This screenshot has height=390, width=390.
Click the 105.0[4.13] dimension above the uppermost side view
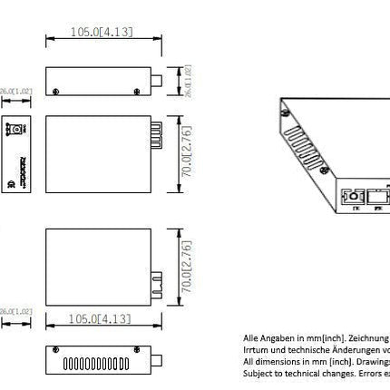(x=102, y=32)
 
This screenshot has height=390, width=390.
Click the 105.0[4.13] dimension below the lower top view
(x=102, y=318)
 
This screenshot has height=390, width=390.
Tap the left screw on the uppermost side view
(x=59, y=91)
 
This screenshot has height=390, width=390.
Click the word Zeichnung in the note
(x=359, y=336)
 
